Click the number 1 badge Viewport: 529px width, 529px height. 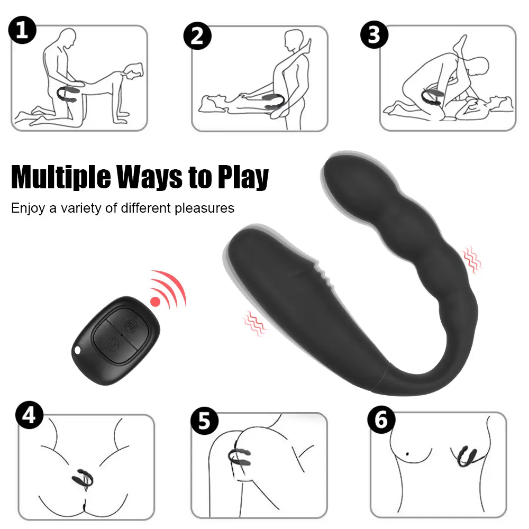pos(22,30)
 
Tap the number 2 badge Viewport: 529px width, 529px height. pos(197,36)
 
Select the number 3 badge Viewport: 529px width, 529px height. pos(375,34)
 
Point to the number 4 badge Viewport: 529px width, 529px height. pos(29,415)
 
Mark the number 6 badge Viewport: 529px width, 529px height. pos(381,419)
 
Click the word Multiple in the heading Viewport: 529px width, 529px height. pos(61,177)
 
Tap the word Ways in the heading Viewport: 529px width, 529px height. pos(150,177)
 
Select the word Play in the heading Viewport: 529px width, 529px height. pos(243,177)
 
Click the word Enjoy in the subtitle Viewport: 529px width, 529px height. pos(28,208)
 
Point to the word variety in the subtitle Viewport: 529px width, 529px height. pos(80,208)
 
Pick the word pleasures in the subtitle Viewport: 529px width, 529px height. pos(204,208)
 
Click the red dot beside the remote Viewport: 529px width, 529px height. pos(155,302)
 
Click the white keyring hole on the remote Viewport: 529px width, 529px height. pos(78,350)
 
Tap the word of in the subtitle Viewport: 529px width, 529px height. pos(111,208)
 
